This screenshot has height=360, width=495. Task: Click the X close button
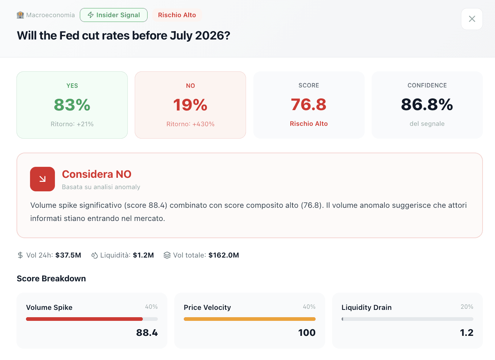472,19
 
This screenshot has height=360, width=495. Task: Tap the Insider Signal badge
113,15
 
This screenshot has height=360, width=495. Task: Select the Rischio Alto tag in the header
177,15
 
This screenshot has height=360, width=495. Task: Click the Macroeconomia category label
46,15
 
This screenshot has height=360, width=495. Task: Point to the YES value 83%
72,105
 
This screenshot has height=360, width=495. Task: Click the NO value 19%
190,105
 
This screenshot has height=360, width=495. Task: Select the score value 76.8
309,105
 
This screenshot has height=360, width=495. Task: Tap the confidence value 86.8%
427,105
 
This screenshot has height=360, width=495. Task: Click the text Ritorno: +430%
190,124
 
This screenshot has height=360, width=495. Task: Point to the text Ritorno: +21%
72,124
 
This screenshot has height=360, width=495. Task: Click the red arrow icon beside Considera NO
42,179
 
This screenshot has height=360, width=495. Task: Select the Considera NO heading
97,174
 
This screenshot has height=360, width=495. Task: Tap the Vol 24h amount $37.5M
68,255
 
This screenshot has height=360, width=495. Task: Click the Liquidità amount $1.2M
143,255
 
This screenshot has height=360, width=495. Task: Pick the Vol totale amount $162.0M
224,255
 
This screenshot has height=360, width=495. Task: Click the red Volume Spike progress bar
84,319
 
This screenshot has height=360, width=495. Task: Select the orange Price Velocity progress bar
249,319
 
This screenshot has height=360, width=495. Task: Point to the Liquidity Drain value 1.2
466,333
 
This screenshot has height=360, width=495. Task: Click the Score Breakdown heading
51,278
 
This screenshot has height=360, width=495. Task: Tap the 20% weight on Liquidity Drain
467,307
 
